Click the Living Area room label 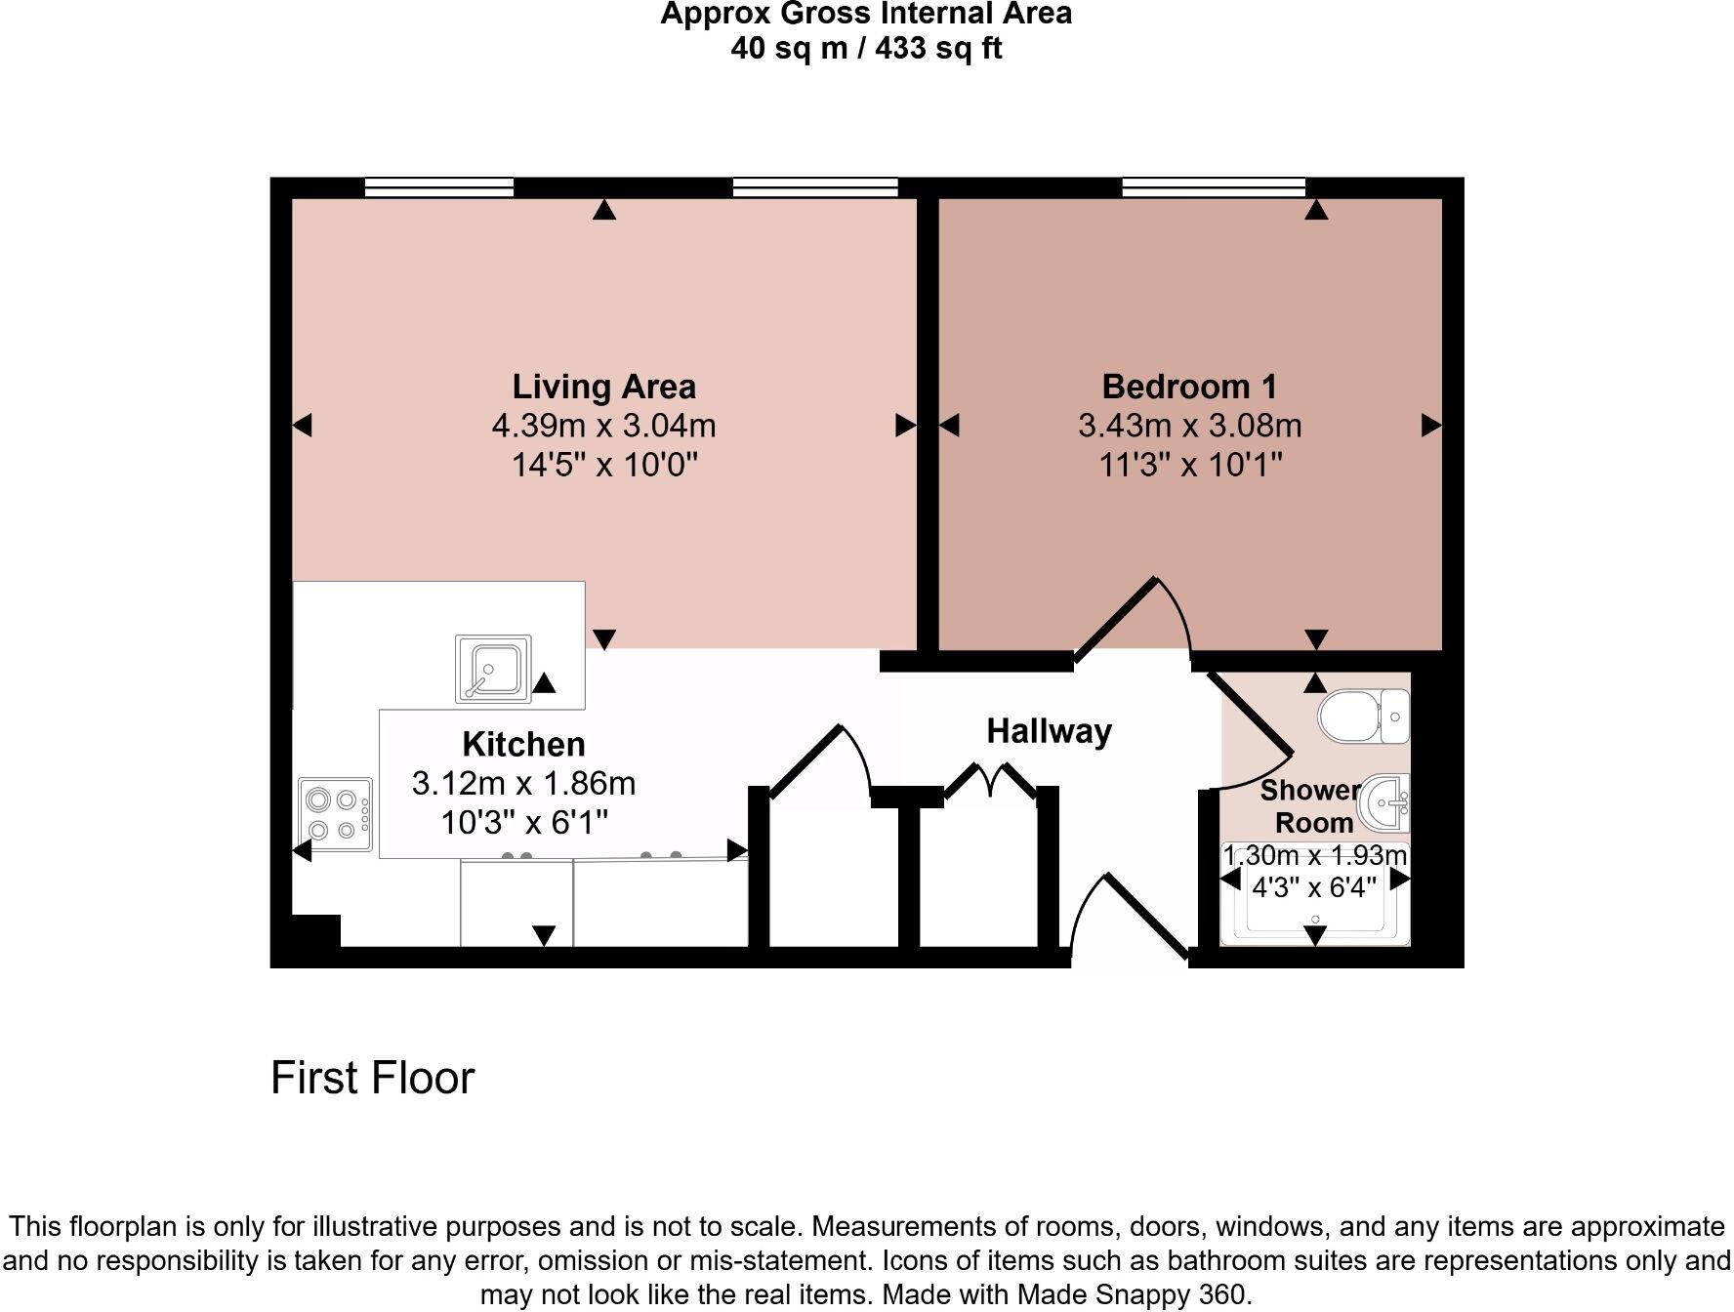(x=603, y=387)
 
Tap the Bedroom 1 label (x=1188, y=387)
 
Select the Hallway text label (x=1049, y=731)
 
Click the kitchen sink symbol (x=493, y=669)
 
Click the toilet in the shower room (x=1363, y=717)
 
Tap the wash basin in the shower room (x=1385, y=802)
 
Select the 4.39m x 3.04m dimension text (x=603, y=426)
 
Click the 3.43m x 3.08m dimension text (x=1189, y=426)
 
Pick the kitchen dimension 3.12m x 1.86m (x=523, y=783)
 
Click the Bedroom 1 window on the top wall (x=1213, y=186)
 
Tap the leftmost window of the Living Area (x=438, y=186)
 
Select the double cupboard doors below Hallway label (x=990, y=781)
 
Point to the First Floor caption (x=372, y=1078)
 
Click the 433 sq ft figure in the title (x=937, y=48)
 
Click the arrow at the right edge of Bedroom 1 (x=1431, y=425)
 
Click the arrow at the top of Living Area (x=604, y=209)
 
